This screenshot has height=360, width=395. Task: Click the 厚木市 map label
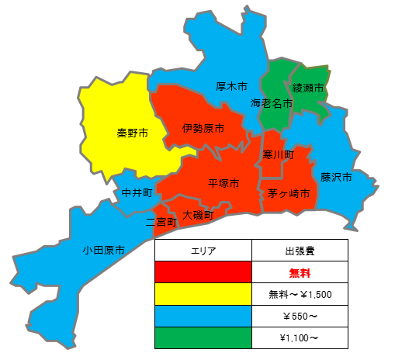pos(231,86)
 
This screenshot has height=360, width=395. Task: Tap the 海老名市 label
pos(272,102)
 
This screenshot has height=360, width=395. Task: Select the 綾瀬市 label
pos(307,89)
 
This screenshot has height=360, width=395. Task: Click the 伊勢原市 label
pos(203,127)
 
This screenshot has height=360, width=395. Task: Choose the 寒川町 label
pos(279,155)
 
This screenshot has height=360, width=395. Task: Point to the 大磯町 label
pos(198,214)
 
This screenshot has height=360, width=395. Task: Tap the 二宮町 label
pos(161,222)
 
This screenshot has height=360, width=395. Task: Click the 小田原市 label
pos(104,250)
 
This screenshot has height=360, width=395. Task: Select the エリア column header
pos(203,251)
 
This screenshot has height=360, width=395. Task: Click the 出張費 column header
pos(300,251)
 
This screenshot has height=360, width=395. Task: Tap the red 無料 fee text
pos(300,272)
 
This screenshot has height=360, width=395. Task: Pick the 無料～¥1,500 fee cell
pos(300,294)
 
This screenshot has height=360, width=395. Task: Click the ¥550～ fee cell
pos(300,317)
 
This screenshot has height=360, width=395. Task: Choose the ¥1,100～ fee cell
pos(300,338)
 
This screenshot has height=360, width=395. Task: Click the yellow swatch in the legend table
pos(203,294)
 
